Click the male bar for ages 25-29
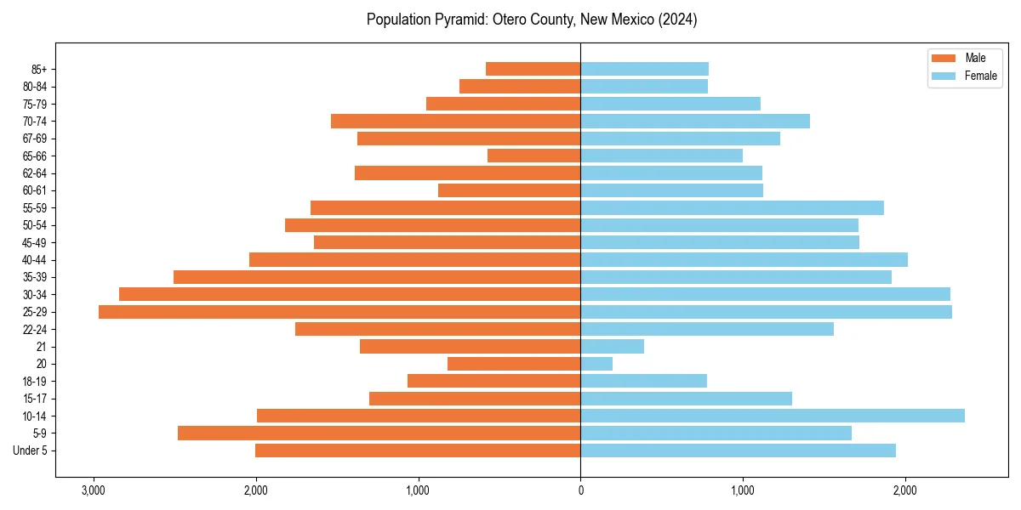pos(339,312)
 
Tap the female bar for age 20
pos(596,364)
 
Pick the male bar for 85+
pos(533,69)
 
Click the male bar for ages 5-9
pos(379,433)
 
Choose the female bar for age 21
pos(612,346)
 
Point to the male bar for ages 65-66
pos(533,156)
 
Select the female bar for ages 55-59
pos(732,207)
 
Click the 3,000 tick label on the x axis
pos(94,490)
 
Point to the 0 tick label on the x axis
pos(580,490)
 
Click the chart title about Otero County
pos(532,20)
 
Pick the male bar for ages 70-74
pos(455,121)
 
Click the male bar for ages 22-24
pos(437,329)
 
